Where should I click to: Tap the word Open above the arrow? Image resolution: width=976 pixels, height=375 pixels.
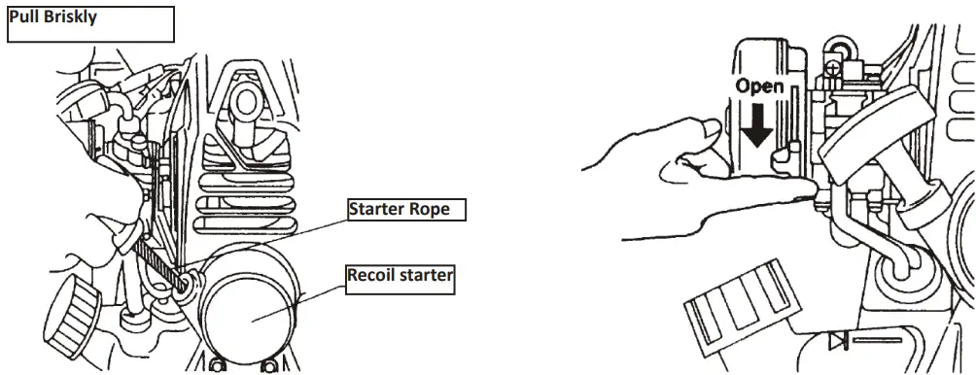coord(759,86)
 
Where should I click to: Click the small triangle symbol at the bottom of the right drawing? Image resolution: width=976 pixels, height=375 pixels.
coord(836,342)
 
